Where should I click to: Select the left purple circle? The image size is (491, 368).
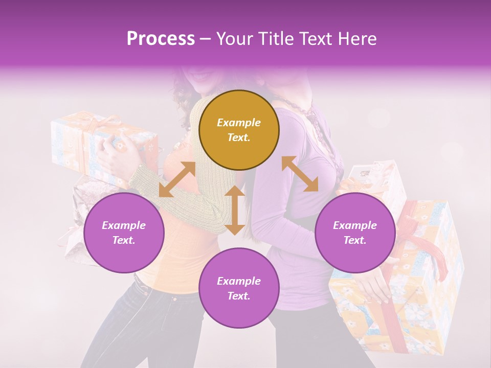click(124, 233)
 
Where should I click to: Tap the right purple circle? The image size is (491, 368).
click(355, 233)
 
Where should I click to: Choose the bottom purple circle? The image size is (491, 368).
click(239, 288)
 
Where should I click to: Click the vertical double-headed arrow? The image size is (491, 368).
click(235, 210)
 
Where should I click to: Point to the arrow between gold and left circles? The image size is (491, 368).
click(177, 179)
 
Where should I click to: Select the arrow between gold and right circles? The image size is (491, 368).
click(300, 174)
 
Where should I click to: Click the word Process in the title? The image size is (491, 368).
click(161, 38)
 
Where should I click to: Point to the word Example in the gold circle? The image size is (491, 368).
click(239, 123)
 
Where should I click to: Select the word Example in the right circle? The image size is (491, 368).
click(355, 225)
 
